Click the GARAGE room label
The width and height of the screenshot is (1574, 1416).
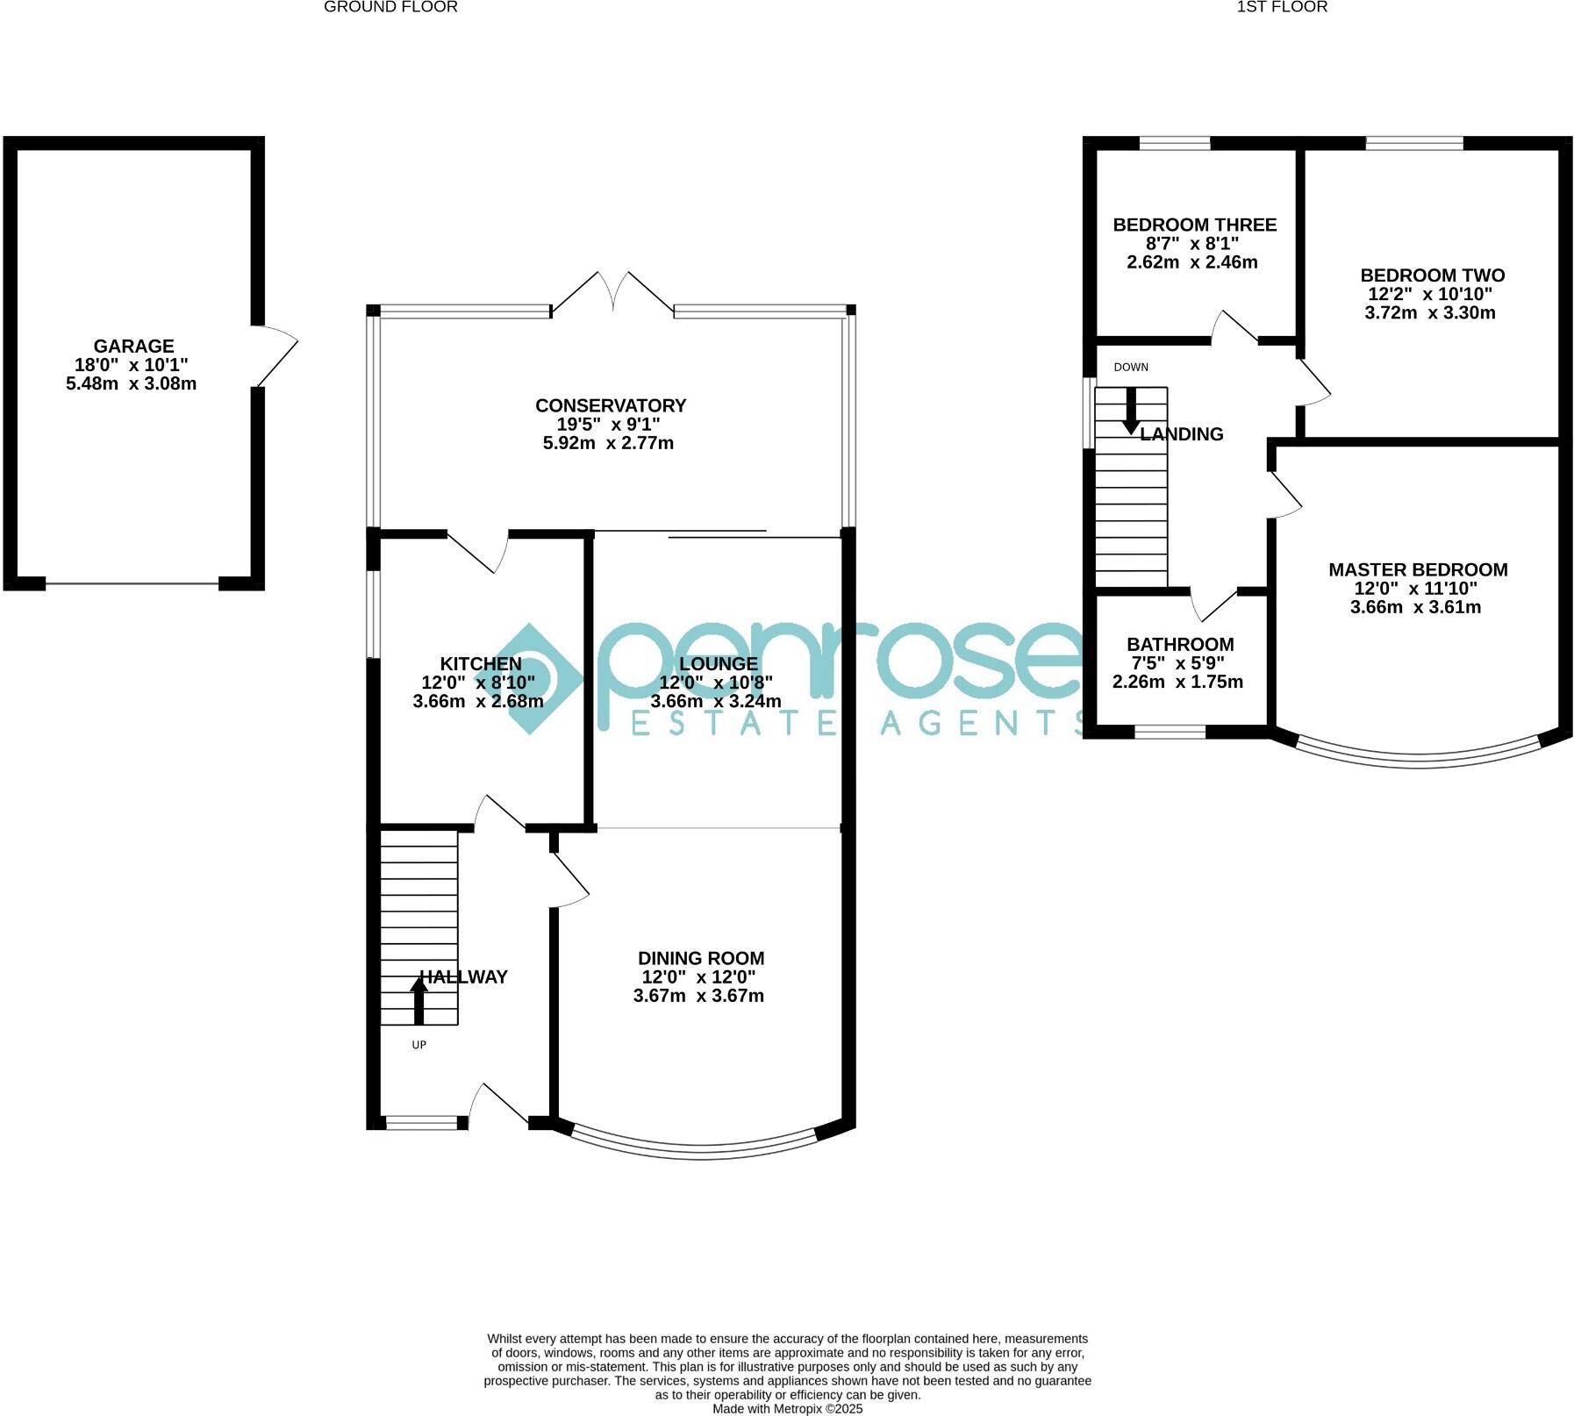(x=133, y=347)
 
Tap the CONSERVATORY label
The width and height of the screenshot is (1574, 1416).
(x=611, y=405)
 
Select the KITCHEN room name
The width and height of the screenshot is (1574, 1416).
(x=481, y=664)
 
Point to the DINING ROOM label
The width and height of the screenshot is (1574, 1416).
(x=701, y=958)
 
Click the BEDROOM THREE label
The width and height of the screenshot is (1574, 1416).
(x=1194, y=225)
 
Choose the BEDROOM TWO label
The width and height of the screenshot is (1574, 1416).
(x=1432, y=275)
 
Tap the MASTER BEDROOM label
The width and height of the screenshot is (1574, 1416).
(x=1418, y=569)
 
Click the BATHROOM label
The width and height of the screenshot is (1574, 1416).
(x=1180, y=644)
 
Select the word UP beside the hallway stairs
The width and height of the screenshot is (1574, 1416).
(x=419, y=1045)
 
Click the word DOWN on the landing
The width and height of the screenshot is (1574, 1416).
(x=1131, y=367)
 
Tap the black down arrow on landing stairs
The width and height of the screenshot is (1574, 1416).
(x=1131, y=411)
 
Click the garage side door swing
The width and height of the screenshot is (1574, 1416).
(x=276, y=355)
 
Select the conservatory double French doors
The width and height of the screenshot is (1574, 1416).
(x=613, y=294)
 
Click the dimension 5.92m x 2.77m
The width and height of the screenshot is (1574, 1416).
(x=608, y=443)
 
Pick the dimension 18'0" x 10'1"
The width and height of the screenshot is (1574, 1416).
(x=132, y=365)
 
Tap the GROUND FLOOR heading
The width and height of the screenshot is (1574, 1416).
(x=390, y=7)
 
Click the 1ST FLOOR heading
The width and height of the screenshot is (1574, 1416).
(x=1282, y=7)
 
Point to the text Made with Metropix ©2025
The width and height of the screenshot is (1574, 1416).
(x=787, y=1409)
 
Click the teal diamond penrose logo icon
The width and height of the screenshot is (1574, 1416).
(x=528, y=678)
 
